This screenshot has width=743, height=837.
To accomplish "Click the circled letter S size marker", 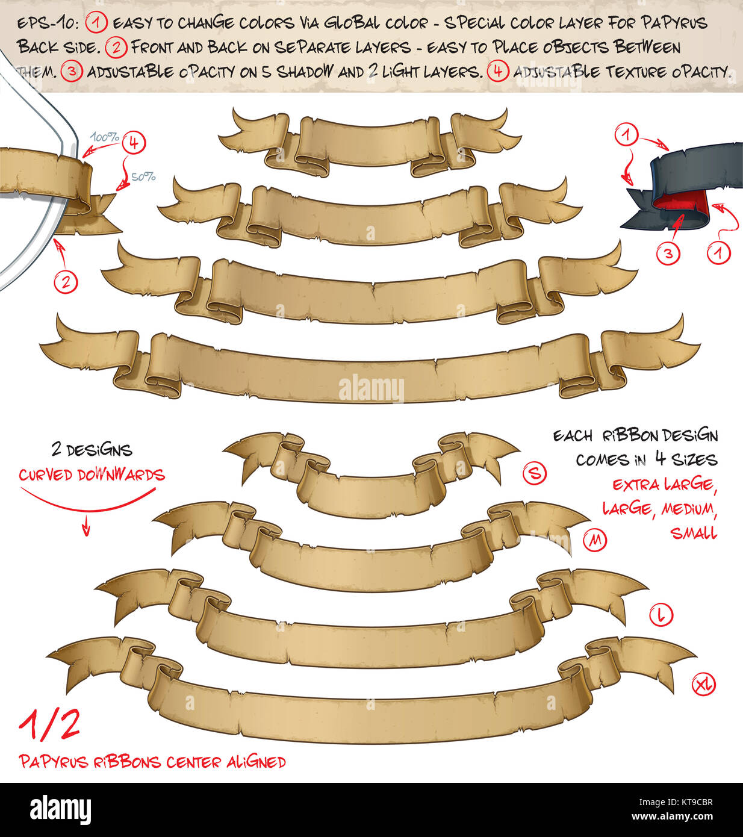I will coord(534,474).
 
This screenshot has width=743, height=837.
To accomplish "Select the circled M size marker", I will coord(595,540).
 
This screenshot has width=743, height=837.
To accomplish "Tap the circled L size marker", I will coord(661,615).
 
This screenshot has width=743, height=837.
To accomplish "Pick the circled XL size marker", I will coord(704,685).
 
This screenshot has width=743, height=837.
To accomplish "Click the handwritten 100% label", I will coord(104,137).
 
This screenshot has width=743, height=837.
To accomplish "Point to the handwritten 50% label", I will coord(143,177).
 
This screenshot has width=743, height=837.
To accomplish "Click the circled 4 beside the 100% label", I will coord(134,143).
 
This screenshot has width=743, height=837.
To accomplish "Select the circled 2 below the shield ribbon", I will coord(66,281).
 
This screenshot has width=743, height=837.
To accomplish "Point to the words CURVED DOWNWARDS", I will coord(92,475).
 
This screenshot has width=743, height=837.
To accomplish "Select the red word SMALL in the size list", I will coord(694,533).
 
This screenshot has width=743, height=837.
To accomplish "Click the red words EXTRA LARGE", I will coord(664,484).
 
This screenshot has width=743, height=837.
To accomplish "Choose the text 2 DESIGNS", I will coord(92,450).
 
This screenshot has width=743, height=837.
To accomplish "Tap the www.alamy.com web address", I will coord(673,817).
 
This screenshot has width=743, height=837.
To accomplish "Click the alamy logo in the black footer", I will coord(60,809).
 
